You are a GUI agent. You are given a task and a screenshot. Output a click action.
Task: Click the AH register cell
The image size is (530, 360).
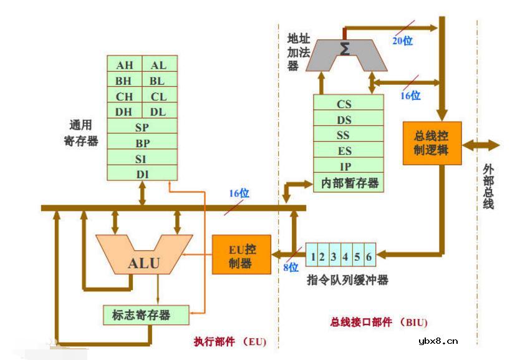tap(125, 65)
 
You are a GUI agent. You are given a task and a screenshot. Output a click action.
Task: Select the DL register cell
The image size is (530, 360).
tap(159, 112)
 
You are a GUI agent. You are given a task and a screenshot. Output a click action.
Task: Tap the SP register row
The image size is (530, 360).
tap(142, 127)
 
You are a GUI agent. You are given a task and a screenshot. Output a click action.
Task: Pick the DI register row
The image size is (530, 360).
tap(142, 174)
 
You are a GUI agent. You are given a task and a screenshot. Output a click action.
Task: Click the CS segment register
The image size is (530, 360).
tap(344, 104)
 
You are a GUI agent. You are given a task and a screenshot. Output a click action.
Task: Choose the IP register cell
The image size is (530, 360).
tap(344, 167)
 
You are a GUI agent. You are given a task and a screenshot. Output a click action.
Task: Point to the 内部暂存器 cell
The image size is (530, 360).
tap(349, 183)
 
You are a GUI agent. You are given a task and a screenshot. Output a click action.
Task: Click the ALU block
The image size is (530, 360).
tap(143, 262)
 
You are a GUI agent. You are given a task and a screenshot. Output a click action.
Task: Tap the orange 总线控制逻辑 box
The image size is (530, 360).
tap(431, 143)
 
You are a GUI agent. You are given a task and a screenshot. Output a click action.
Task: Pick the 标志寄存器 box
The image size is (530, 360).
tap(145, 314)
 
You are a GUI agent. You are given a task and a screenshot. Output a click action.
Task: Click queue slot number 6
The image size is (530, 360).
tap(369, 256)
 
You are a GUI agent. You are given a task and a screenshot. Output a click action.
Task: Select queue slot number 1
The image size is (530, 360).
tap(313, 256)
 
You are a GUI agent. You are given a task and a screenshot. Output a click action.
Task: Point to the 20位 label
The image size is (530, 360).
tap(402, 41)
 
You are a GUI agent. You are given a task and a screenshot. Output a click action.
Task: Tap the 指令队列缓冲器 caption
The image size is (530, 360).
tap(347, 280)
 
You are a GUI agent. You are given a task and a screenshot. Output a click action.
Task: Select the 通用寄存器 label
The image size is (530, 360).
tap(81, 133)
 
